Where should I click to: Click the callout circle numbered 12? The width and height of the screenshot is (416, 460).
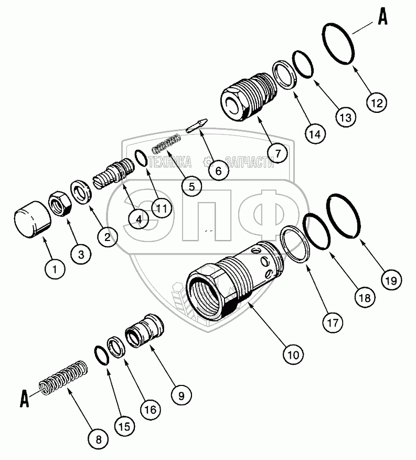[377, 103]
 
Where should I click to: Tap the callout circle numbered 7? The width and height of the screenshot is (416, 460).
[278, 153]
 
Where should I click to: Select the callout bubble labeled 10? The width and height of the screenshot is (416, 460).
[293, 354]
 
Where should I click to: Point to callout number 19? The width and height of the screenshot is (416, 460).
[391, 281]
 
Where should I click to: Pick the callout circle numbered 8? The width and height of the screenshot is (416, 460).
[99, 440]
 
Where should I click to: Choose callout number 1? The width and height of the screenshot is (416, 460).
[55, 269]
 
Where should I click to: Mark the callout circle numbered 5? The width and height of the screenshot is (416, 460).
[191, 186]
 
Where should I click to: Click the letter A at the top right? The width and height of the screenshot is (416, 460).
[382, 18]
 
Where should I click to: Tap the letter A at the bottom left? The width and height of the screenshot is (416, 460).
[24, 399]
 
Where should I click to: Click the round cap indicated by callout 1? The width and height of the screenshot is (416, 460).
[33, 219]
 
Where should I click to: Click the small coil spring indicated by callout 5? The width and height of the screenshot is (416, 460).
[166, 143]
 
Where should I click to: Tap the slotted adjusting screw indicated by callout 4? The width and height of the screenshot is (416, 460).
[114, 174]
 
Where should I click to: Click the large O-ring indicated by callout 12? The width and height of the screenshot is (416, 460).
[338, 44]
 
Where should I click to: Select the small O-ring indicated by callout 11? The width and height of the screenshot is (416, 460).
[141, 159]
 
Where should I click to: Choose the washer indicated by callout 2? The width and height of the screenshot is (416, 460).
[81, 192]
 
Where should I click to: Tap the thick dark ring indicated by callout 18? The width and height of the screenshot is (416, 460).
[317, 232]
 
